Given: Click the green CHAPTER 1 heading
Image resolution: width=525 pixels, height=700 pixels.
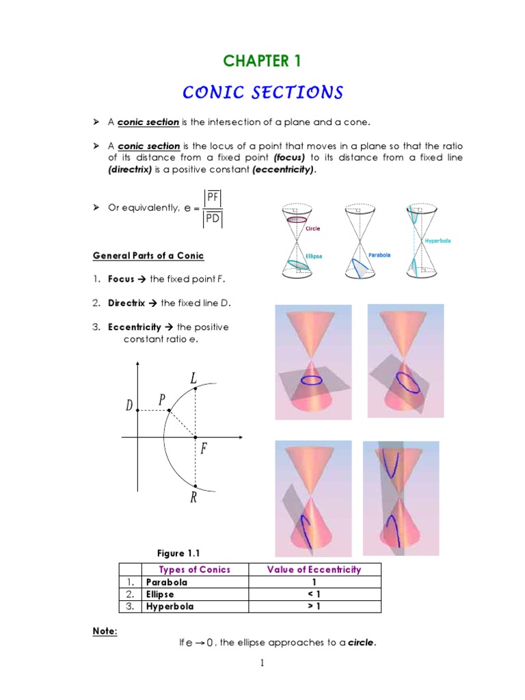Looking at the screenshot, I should (262, 61).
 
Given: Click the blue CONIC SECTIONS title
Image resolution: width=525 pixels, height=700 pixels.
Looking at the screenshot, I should (262, 92).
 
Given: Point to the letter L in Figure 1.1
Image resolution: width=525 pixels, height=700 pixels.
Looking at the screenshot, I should (194, 378).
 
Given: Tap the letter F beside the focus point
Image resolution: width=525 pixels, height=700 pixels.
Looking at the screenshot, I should (203, 449).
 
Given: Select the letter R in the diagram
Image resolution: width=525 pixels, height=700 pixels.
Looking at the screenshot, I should (194, 498).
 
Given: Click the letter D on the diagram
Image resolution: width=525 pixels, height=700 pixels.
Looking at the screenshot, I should (129, 406).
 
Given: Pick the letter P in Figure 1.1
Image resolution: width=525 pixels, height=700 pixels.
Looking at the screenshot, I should (163, 400).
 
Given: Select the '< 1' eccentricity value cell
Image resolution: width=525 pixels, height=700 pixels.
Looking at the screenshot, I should (314, 594).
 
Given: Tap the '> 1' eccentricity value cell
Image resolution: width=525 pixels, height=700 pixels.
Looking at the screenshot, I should (314, 606).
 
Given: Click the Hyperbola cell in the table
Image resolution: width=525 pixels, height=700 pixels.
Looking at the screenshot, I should (170, 606).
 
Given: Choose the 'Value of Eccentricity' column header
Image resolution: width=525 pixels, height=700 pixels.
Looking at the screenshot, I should (314, 569).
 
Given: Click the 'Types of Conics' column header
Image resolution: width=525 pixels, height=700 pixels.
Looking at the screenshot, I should (194, 569).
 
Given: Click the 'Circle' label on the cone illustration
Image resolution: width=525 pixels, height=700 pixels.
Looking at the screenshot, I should (313, 229).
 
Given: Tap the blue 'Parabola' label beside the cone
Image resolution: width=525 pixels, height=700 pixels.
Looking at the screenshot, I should (379, 255).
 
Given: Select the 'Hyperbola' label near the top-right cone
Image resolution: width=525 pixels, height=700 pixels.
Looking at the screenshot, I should (437, 241).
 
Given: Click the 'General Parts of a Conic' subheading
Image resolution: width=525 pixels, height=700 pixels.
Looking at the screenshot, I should (148, 256).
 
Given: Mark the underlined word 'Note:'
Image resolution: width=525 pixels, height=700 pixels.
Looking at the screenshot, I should (105, 632).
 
